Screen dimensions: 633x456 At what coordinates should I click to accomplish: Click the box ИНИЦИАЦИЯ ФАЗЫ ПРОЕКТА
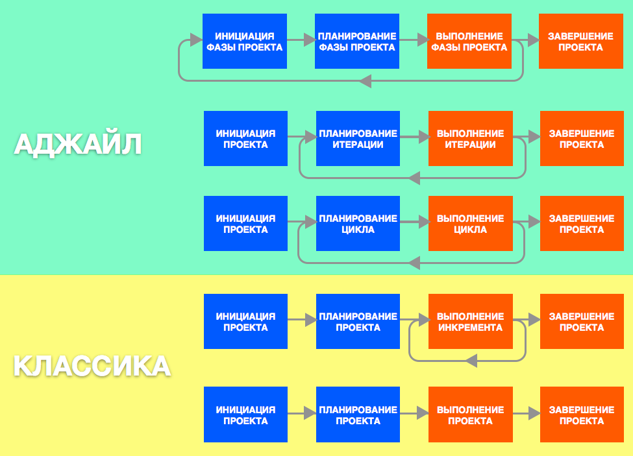tap(244, 42)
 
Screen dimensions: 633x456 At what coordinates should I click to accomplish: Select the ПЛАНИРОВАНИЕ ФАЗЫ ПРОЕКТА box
tap(356, 42)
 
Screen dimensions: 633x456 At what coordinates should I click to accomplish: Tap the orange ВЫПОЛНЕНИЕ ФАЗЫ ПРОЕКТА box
tap(469, 42)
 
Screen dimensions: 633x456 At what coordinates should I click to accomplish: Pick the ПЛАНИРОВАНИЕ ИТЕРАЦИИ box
tap(358, 139)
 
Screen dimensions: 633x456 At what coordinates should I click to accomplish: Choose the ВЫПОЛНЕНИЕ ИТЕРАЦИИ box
tap(470, 139)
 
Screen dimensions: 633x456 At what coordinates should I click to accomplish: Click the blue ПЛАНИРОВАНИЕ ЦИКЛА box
tap(358, 224)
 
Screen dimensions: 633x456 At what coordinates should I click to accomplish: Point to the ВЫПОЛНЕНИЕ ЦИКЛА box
tap(470, 224)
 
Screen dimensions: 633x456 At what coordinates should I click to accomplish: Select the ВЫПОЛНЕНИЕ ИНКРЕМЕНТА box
tap(470, 322)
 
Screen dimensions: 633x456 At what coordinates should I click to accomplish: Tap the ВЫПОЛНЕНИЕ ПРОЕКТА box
tap(470, 415)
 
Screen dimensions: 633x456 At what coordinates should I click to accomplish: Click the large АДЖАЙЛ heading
tap(78, 144)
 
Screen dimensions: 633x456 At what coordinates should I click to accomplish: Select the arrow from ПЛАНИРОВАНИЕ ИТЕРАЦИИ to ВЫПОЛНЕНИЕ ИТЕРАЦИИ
tap(414, 137)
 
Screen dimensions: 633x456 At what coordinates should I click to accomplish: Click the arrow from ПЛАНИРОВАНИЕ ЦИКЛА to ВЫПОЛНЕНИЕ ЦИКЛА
tap(414, 222)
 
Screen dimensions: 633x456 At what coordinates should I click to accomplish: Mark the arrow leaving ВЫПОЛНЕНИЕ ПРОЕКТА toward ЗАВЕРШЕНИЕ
tap(527, 413)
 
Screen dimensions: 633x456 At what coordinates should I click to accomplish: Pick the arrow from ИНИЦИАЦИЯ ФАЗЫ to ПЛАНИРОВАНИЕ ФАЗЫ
tap(301, 40)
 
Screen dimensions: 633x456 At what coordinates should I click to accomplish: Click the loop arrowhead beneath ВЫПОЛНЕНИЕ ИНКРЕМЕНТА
tap(472, 360)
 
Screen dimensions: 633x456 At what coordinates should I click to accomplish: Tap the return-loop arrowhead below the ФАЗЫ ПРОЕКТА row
tap(364, 80)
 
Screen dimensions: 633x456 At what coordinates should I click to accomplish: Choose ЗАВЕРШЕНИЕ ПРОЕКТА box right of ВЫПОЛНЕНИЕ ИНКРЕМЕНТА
tap(581, 322)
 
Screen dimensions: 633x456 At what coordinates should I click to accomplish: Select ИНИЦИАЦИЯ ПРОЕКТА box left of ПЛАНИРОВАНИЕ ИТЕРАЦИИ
tap(245, 139)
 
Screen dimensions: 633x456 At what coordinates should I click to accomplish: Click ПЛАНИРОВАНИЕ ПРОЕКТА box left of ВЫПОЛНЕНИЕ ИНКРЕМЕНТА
tap(358, 322)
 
